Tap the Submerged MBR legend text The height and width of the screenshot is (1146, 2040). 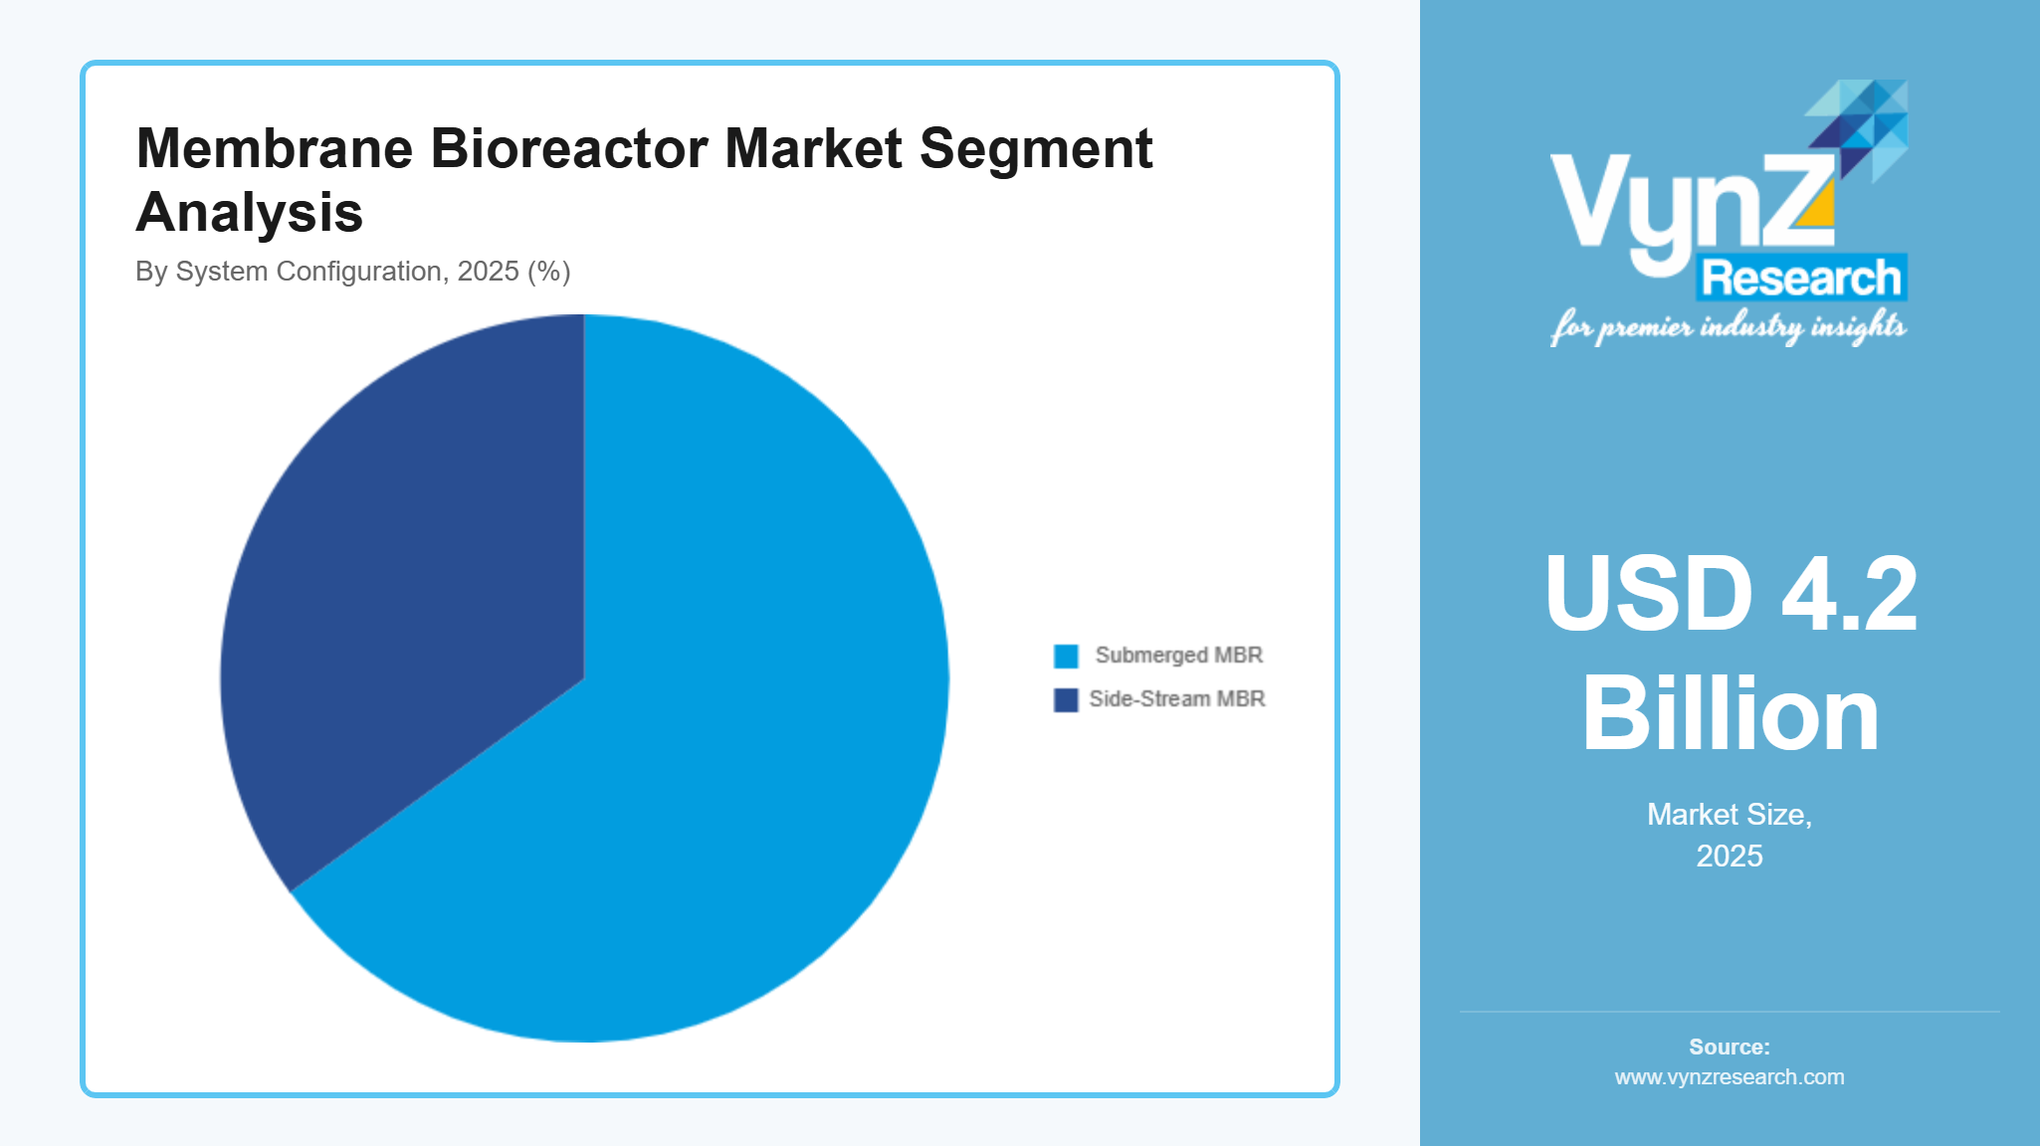[1178, 656]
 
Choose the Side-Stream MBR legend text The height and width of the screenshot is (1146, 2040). [1176, 699]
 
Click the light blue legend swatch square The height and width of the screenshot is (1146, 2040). [1066, 657]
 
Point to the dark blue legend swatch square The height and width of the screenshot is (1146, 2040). [1066, 700]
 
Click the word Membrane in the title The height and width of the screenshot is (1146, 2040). [274, 149]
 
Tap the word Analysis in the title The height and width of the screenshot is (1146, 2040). [249, 213]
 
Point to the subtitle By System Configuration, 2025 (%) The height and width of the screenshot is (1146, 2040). [352, 272]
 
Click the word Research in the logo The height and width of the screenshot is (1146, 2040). [1801, 279]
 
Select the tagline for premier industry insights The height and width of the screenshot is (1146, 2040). [1728, 326]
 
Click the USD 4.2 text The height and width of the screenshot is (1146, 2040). [1731, 594]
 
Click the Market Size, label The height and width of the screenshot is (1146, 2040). [1730, 815]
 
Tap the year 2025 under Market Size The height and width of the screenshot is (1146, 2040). [1730, 857]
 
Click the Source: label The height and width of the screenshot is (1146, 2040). [1730, 1047]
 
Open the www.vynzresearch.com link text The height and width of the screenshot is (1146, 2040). [1730, 1077]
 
